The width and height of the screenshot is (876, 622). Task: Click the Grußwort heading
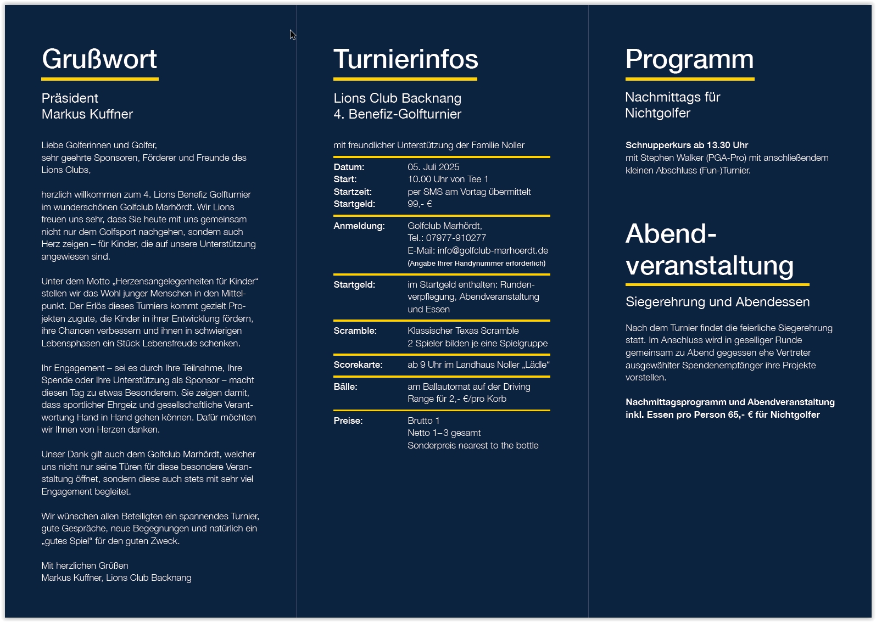[x=99, y=59]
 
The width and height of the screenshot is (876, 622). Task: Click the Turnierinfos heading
[x=405, y=59]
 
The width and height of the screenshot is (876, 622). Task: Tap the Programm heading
[x=689, y=59]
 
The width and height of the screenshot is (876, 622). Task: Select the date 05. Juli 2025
[x=433, y=167]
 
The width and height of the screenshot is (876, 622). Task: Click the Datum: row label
[x=349, y=167]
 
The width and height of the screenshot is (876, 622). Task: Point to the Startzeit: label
[x=353, y=192]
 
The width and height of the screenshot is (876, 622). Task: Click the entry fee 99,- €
[x=420, y=204]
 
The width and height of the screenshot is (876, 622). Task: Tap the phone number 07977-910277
[x=456, y=238]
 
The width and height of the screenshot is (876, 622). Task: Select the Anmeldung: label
[x=359, y=226]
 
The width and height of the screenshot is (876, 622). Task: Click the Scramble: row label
[x=355, y=330]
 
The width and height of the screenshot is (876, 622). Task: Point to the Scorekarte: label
[x=358, y=365]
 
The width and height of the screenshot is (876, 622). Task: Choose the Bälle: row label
[x=345, y=386]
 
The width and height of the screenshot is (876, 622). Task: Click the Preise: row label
[x=348, y=421]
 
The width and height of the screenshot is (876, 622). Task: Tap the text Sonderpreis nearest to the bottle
[x=473, y=445]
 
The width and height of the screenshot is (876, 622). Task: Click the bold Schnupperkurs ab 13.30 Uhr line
[x=687, y=145]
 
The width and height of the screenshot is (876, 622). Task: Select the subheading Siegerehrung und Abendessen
[x=717, y=302]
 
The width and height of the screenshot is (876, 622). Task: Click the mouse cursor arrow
[x=292, y=34]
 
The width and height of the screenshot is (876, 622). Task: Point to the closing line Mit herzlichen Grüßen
[x=85, y=565]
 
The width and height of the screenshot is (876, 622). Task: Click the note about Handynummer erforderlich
[x=476, y=264]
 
